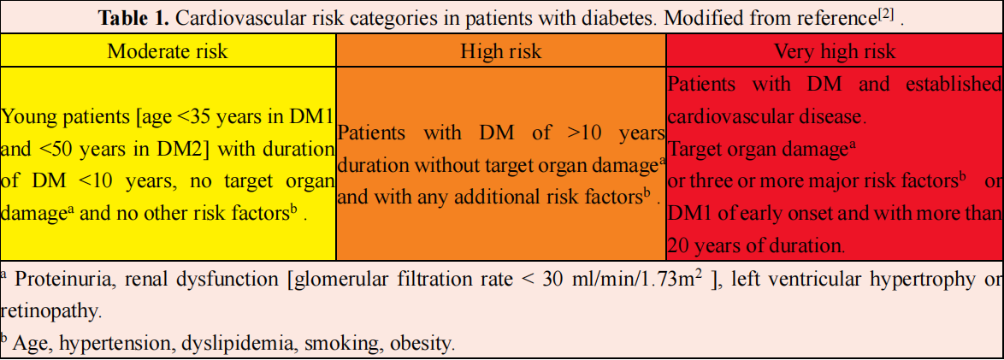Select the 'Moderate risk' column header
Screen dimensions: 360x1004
[x=168, y=50]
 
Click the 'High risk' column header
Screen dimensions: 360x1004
[x=500, y=50]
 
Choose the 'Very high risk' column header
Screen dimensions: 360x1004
[x=834, y=50]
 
